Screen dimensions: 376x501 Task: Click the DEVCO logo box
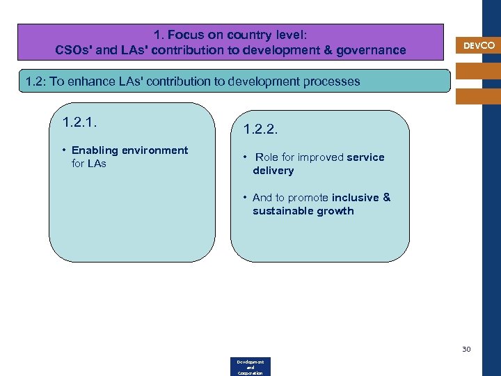[479, 45]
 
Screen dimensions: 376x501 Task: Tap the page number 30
[466, 349]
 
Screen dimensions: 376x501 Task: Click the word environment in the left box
[154, 150]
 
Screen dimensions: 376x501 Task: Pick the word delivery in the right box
[273, 171]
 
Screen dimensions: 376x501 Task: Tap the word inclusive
[355, 198]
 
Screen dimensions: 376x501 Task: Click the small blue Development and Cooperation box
[250, 367]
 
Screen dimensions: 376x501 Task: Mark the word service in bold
[365, 157]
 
